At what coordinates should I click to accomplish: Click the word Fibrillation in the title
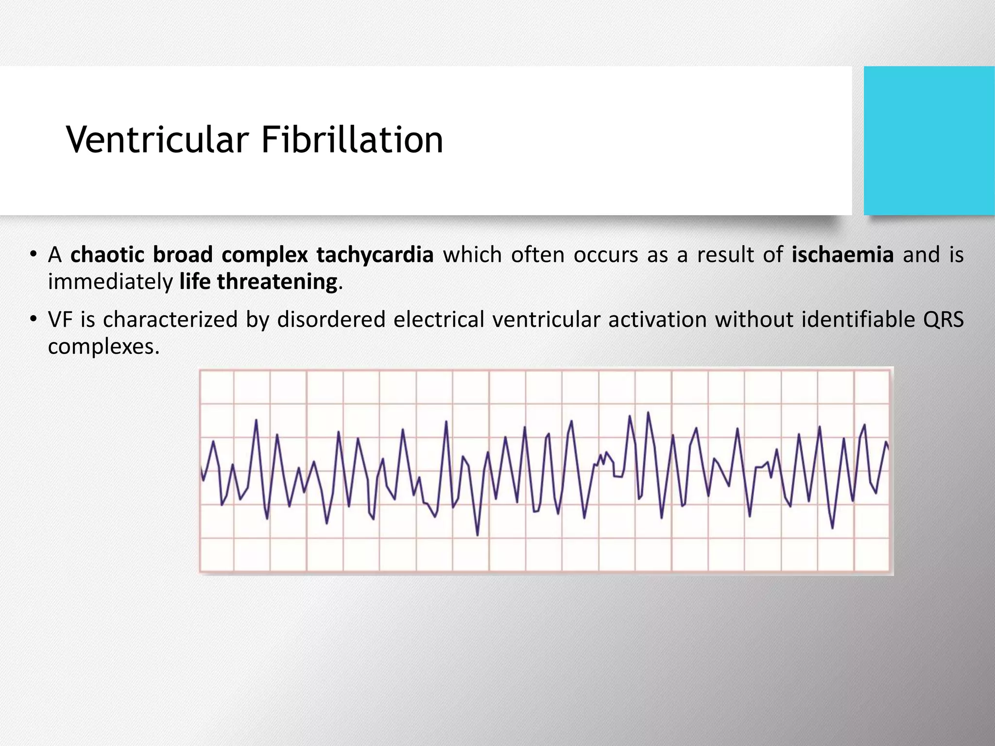tap(352, 140)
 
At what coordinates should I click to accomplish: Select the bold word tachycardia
tap(375, 254)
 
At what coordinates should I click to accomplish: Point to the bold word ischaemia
tap(842, 254)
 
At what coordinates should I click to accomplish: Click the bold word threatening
tap(277, 282)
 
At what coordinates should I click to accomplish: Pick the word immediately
tap(110, 282)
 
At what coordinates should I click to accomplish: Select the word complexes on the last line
tap(103, 346)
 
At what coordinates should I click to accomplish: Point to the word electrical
tap(439, 320)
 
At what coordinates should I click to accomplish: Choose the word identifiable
tap(858, 320)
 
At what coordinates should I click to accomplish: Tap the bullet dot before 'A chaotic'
tap(33, 254)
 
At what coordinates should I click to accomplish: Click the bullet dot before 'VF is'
tap(33, 320)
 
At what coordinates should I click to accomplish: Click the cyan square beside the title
tap(929, 140)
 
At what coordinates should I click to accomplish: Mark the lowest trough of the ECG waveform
tap(478, 536)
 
